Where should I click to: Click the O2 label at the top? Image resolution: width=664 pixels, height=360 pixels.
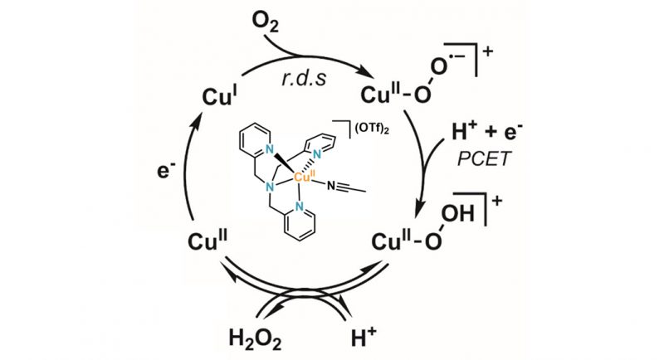(x=266, y=22)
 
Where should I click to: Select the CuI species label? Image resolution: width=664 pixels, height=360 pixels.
(x=219, y=96)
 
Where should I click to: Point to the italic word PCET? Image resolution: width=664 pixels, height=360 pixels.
(x=484, y=159)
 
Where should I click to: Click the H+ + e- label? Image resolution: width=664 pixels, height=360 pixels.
(x=487, y=131)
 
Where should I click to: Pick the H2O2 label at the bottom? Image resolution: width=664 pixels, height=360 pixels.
(x=255, y=338)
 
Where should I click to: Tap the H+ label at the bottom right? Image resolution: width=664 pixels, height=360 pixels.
(x=364, y=336)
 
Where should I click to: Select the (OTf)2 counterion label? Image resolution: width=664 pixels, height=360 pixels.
(x=371, y=129)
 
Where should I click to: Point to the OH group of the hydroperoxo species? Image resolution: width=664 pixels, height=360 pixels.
(x=458, y=213)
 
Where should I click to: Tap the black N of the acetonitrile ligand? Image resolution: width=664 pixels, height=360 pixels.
(x=330, y=185)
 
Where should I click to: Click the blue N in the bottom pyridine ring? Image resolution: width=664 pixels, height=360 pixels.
(x=300, y=207)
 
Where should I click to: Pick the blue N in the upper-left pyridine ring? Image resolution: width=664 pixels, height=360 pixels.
(x=268, y=149)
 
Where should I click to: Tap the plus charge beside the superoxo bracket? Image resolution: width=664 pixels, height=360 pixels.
(x=488, y=51)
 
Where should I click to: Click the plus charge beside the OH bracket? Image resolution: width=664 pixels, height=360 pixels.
(x=496, y=201)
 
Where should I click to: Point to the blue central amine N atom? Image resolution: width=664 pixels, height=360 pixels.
(x=268, y=187)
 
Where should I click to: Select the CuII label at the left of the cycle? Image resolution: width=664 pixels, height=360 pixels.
(x=207, y=241)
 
